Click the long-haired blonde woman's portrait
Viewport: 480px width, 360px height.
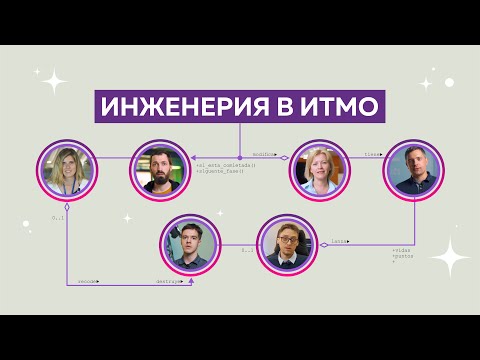click(x=68, y=169)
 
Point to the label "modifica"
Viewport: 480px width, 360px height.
click(x=263, y=154)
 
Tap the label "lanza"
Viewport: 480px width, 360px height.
click(x=340, y=241)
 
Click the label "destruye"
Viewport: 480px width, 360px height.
click(x=167, y=281)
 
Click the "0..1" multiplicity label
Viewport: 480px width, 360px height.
click(x=58, y=216)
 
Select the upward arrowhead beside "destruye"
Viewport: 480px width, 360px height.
click(x=190, y=280)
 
